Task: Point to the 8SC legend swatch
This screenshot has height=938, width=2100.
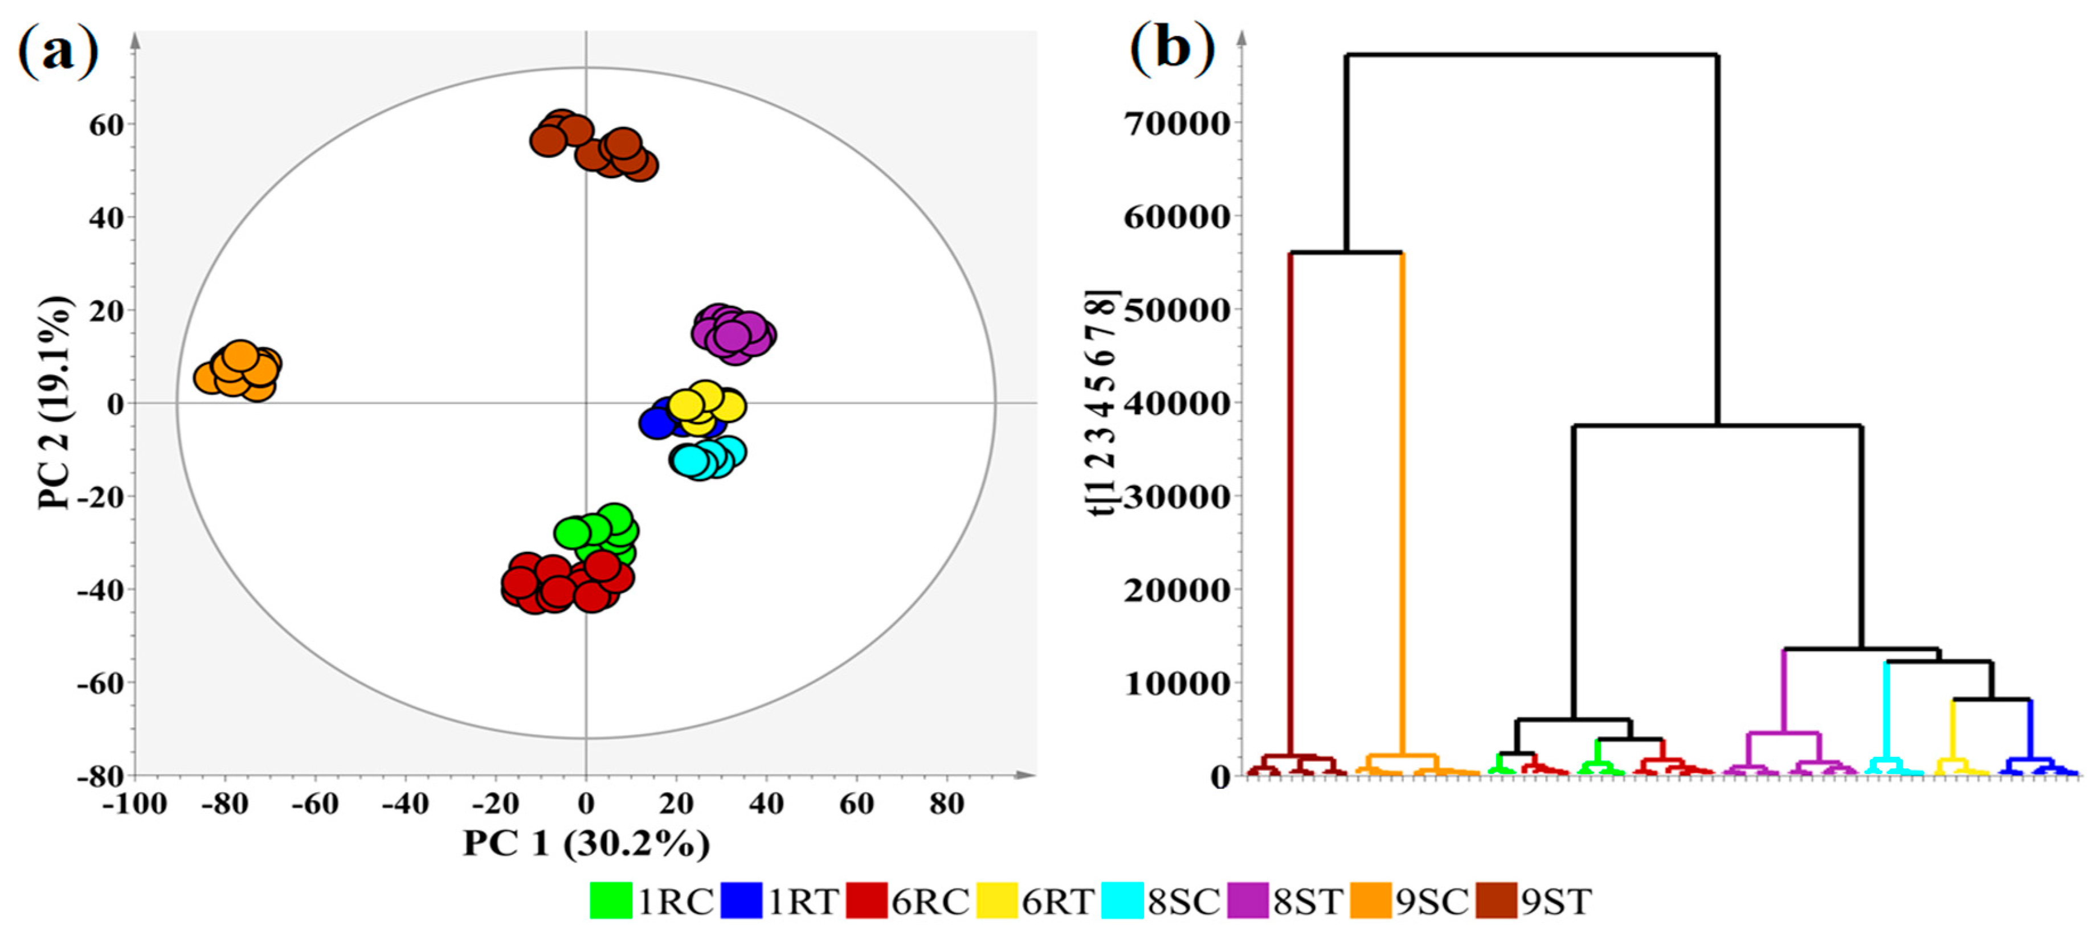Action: [x=1122, y=900]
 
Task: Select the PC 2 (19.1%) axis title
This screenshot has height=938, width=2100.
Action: [x=55, y=403]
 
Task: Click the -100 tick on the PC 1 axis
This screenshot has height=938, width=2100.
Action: [x=134, y=804]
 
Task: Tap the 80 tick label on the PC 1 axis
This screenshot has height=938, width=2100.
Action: [x=946, y=804]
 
